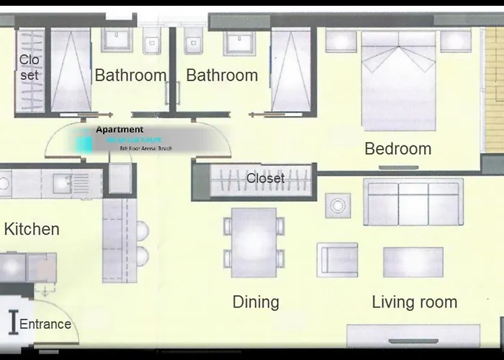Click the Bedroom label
397,149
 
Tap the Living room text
414,302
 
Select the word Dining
256,302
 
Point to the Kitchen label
32,229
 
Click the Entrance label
45,324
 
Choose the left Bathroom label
130,75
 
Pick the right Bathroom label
222,75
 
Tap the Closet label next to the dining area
265,178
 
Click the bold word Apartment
120,130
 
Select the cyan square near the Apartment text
84,143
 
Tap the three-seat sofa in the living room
413,203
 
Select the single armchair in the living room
338,260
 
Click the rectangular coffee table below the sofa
413,262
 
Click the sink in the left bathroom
116,43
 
